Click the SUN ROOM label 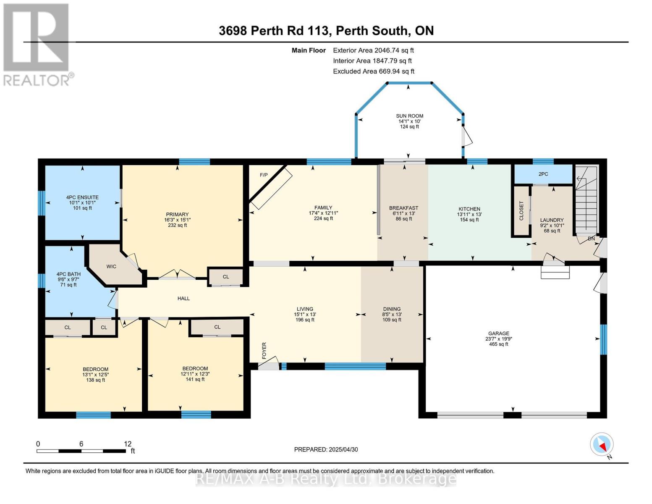pyautogui.click(x=409, y=116)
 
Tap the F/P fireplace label pyautogui.click(x=264, y=175)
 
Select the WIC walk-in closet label pyautogui.click(x=111, y=267)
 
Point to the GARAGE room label pyautogui.click(x=499, y=333)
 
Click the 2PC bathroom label pyautogui.click(x=543, y=174)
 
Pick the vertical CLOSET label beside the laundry pyautogui.click(x=521, y=211)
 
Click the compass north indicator pyautogui.click(x=602, y=445)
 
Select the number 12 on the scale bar pyautogui.click(x=128, y=444)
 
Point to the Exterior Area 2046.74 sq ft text pyautogui.click(x=373, y=50)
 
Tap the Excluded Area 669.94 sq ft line pyautogui.click(x=374, y=71)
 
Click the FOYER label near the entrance pyautogui.click(x=264, y=351)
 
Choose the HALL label pyautogui.click(x=183, y=298)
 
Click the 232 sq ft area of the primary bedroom pyautogui.click(x=177, y=225)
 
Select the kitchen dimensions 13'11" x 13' pyautogui.click(x=469, y=214)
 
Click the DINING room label pyautogui.click(x=392, y=309)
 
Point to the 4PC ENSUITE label pyautogui.click(x=82, y=197)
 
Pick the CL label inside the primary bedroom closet pyautogui.click(x=226, y=277)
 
